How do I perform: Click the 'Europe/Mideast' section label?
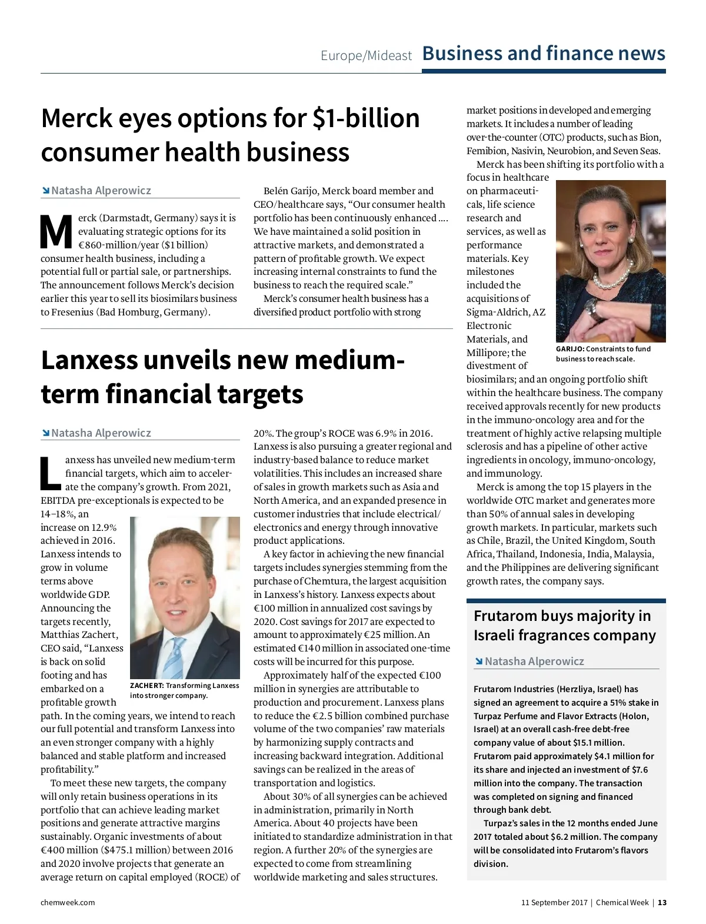(x=366, y=56)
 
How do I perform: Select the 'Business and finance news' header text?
(x=544, y=54)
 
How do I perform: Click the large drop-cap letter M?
(x=56, y=232)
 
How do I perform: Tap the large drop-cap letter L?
(x=50, y=474)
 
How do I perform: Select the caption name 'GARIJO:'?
(x=570, y=349)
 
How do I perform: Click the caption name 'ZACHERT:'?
(x=147, y=686)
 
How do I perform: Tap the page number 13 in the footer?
(x=662, y=903)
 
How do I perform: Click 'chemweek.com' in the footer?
(x=68, y=903)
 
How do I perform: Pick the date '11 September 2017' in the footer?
(x=554, y=903)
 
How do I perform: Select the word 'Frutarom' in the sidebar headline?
(x=505, y=616)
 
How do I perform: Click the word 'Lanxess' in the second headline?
(x=88, y=361)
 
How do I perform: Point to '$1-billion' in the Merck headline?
(x=365, y=119)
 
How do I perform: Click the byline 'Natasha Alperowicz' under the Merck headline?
(x=101, y=191)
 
